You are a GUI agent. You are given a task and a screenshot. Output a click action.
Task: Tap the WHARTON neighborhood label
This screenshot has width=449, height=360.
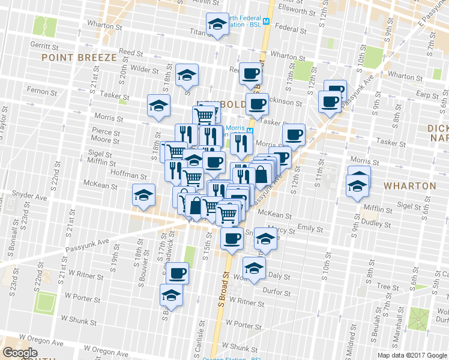coord(410,186)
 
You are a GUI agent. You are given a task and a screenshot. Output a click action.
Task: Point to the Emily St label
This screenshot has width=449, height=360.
coord(310,229)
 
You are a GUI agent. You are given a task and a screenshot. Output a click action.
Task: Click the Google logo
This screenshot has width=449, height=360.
coord(20,353)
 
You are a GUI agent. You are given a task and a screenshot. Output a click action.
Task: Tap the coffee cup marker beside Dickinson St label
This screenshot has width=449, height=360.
coord(257,104)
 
